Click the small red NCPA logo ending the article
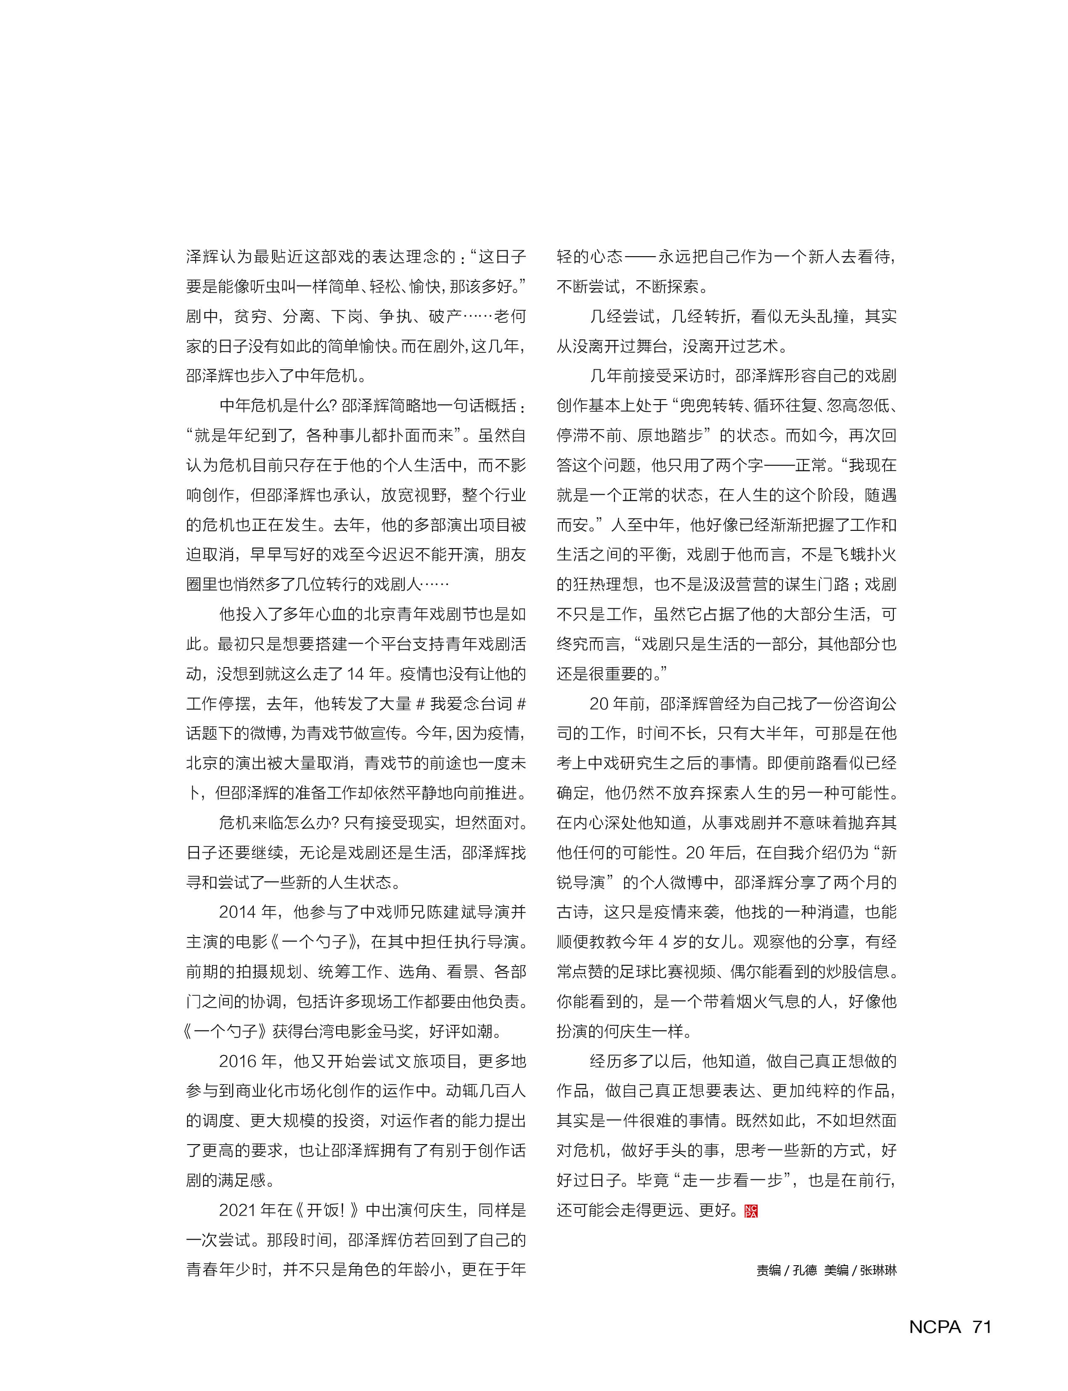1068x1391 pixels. click(751, 1211)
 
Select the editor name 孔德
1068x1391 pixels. click(805, 1270)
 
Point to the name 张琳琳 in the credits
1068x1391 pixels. click(878, 1270)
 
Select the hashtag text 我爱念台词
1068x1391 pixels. click(470, 704)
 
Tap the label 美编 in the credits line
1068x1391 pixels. click(837, 1270)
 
